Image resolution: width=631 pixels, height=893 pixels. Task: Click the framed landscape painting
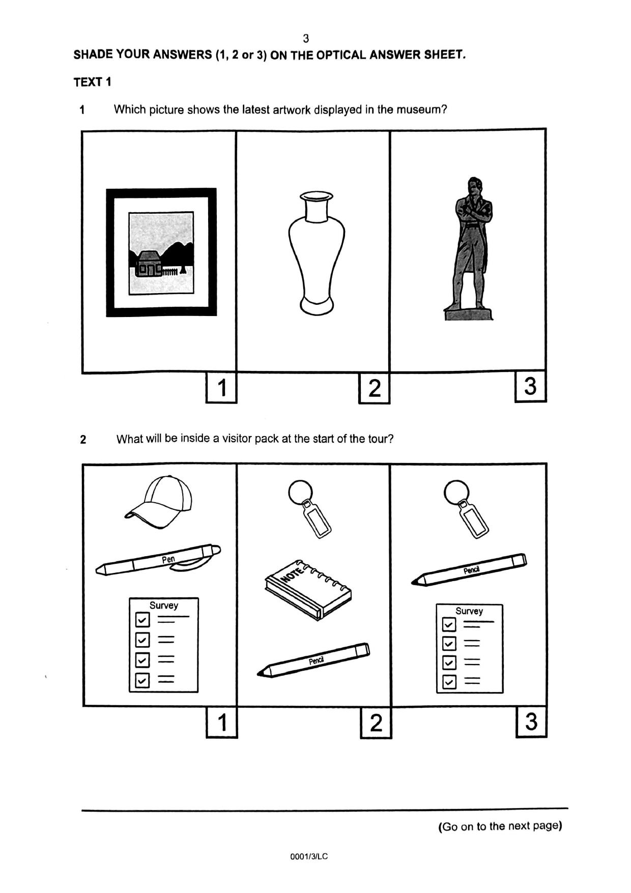coord(161,252)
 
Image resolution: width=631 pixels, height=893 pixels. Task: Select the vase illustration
coord(317,253)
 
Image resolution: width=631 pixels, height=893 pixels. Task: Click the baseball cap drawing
coord(159,502)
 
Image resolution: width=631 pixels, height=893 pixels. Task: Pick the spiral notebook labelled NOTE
coord(308,589)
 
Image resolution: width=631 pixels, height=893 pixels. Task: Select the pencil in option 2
coord(313,659)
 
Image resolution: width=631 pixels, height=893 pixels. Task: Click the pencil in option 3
coord(469,569)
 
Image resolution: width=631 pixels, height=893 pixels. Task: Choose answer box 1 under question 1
coord(221,388)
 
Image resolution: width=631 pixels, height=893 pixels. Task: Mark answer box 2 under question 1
coord(375,388)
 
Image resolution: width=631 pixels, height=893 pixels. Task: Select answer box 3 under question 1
coord(531,386)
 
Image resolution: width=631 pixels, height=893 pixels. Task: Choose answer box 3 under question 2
coord(532,721)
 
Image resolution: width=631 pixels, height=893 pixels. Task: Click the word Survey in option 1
coord(164,606)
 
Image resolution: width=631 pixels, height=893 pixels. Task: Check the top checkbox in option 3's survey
coord(449,624)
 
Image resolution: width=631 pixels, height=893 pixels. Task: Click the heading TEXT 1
coord(92,82)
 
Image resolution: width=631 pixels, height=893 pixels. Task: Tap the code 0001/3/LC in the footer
coord(309,856)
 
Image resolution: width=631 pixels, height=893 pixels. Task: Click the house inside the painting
coord(148,264)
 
